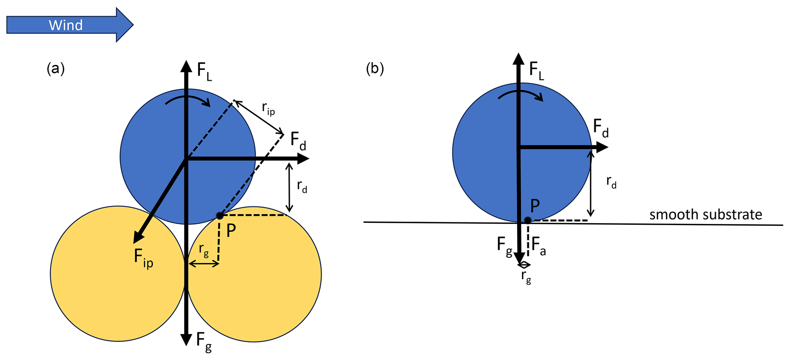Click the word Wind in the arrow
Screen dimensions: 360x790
(x=66, y=25)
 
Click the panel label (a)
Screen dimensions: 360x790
(x=55, y=69)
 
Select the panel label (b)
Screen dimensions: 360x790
(x=375, y=69)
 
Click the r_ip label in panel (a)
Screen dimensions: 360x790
(x=268, y=109)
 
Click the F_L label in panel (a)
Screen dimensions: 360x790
(x=204, y=72)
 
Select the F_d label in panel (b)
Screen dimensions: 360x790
(x=600, y=128)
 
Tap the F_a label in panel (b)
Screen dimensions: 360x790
(x=539, y=246)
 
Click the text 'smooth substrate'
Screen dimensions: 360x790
(x=706, y=215)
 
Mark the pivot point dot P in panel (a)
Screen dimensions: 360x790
(x=219, y=216)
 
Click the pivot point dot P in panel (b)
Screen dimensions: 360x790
(x=527, y=220)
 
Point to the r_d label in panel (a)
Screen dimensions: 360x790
(x=302, y=186)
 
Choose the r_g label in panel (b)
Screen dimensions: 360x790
(x=526, y=277)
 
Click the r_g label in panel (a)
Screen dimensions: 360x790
(x=204, y=250)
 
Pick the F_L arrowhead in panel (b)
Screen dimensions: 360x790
(x=518, y=59)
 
